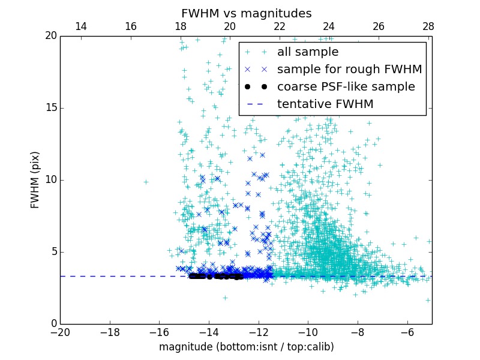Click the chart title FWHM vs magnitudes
coord(246,13)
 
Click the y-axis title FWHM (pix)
coord(35,179)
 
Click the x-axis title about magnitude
coord(246,347)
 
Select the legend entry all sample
coord(308,52)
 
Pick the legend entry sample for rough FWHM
coord(349,70)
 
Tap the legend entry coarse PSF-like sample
coord(346,87)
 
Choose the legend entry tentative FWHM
coord(325,104)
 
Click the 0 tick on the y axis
coord(53,324)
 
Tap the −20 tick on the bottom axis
coord(60,332)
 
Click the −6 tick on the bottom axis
coord(407,332)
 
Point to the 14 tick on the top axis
coord(80,27)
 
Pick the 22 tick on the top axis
coord(279,27)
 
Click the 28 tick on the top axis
coord(428,27)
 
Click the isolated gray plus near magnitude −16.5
coord(146,181)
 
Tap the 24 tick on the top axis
coord(329,27)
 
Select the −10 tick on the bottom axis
coord(308,332)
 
